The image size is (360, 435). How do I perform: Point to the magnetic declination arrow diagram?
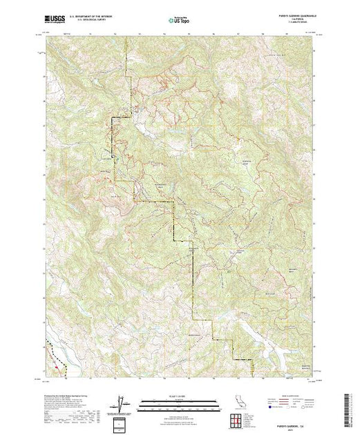point(122,403)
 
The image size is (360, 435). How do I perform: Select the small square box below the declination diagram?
point(122,422)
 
